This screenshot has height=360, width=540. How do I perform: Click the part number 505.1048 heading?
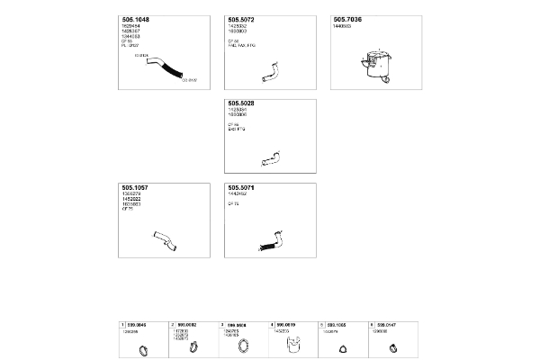136,20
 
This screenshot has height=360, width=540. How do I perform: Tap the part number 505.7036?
347,20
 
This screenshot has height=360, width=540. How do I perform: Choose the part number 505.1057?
136,188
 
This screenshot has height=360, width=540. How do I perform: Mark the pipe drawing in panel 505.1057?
163,239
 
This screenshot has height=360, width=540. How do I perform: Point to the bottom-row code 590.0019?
286,323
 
